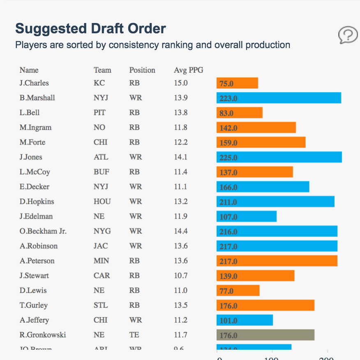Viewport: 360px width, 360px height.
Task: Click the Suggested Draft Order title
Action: pos(90,29)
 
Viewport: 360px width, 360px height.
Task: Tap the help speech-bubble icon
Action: pos(348,35)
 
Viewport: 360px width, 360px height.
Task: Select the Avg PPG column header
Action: pos(188,70)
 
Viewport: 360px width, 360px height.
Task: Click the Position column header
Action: pos(142,70)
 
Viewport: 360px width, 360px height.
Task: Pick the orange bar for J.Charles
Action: pos(237,83)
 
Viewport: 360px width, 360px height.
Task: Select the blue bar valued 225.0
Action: pos(279,157)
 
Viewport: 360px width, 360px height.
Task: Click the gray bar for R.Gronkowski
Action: pos(265,335)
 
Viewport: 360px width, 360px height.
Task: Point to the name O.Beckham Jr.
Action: pos(43,231)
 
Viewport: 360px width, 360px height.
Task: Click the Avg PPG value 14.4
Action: pos(180,231)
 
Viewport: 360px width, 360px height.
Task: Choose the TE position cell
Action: pos(134,335)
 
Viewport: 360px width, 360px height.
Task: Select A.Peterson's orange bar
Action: pos(277,261)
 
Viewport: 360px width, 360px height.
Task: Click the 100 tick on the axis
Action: pos(272,358)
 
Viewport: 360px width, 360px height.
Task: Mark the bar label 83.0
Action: pos(226,113)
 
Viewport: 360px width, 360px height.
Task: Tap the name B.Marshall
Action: pos(37,98)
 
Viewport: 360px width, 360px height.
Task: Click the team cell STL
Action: pos(101,305)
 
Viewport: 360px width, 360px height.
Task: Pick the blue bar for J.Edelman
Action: pos(246,216)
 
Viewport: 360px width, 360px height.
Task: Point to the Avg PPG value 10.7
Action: pos(180,275)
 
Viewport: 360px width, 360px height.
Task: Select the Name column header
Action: pos(29,70)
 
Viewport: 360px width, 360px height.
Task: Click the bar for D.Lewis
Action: pos(238,291)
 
